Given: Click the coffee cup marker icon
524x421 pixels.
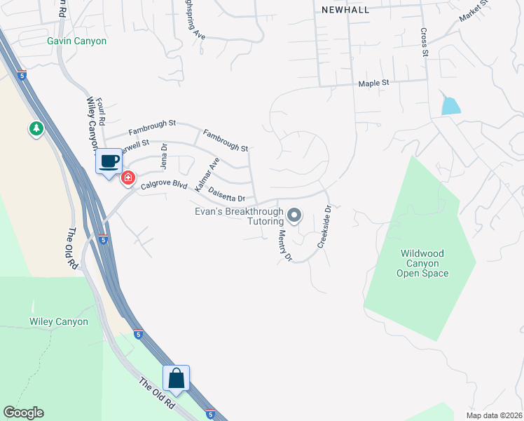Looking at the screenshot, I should tap(108, 161).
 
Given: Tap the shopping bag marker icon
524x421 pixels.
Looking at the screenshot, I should tap(177, 378).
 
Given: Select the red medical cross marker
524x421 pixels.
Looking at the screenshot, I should tap(127, 178).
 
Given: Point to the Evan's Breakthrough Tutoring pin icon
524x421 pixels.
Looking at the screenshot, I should tap(294, 215).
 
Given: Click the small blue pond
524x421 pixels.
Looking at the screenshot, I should tap(450, 105).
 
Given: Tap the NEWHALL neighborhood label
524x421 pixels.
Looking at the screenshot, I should tap(344, 9).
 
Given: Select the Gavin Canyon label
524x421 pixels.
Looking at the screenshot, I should tap(77, 41).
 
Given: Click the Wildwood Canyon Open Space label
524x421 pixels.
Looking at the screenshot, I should tap(424, 263).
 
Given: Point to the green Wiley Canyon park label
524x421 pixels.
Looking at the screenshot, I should tap(59, 321).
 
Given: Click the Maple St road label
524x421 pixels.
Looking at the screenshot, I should tap(373, 83).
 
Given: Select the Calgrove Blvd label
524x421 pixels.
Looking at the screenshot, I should tap(164, 186).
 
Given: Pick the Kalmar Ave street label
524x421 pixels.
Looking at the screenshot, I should tap(207, 175).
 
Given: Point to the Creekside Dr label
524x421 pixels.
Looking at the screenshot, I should tap(323, 226).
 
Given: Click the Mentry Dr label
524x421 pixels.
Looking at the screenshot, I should tap(284, 246).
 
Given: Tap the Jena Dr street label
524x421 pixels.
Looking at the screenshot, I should tap(165, 156).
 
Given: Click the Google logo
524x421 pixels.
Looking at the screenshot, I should tap(23, 413).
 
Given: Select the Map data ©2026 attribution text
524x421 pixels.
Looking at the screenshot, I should tap(494, 415).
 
